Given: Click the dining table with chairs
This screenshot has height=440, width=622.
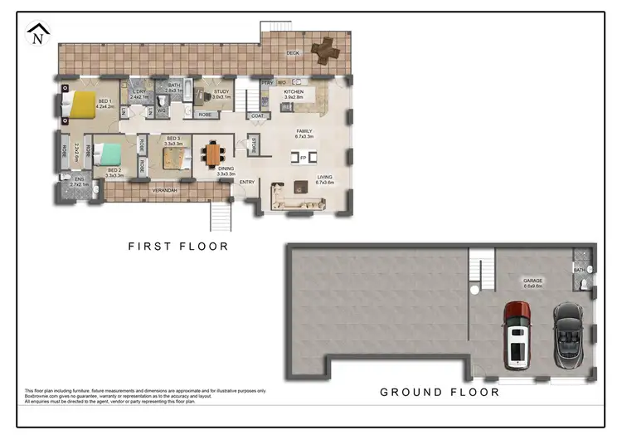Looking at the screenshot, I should point(215,154).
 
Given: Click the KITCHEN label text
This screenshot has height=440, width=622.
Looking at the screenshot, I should point(294,91).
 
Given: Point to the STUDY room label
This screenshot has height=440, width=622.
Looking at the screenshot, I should point(221,92).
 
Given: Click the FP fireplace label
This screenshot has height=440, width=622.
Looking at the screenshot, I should point(303,157).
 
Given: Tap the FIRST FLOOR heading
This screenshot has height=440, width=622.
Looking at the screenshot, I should point(177,246).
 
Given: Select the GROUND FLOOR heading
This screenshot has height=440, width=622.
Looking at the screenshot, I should point(440,392).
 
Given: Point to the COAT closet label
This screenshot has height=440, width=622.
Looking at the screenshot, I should point(257,115).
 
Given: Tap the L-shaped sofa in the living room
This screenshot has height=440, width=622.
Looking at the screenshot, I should point(287,199).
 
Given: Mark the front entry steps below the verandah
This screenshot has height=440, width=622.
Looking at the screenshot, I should point(220,216).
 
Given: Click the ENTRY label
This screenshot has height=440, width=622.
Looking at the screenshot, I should point(247,182).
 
